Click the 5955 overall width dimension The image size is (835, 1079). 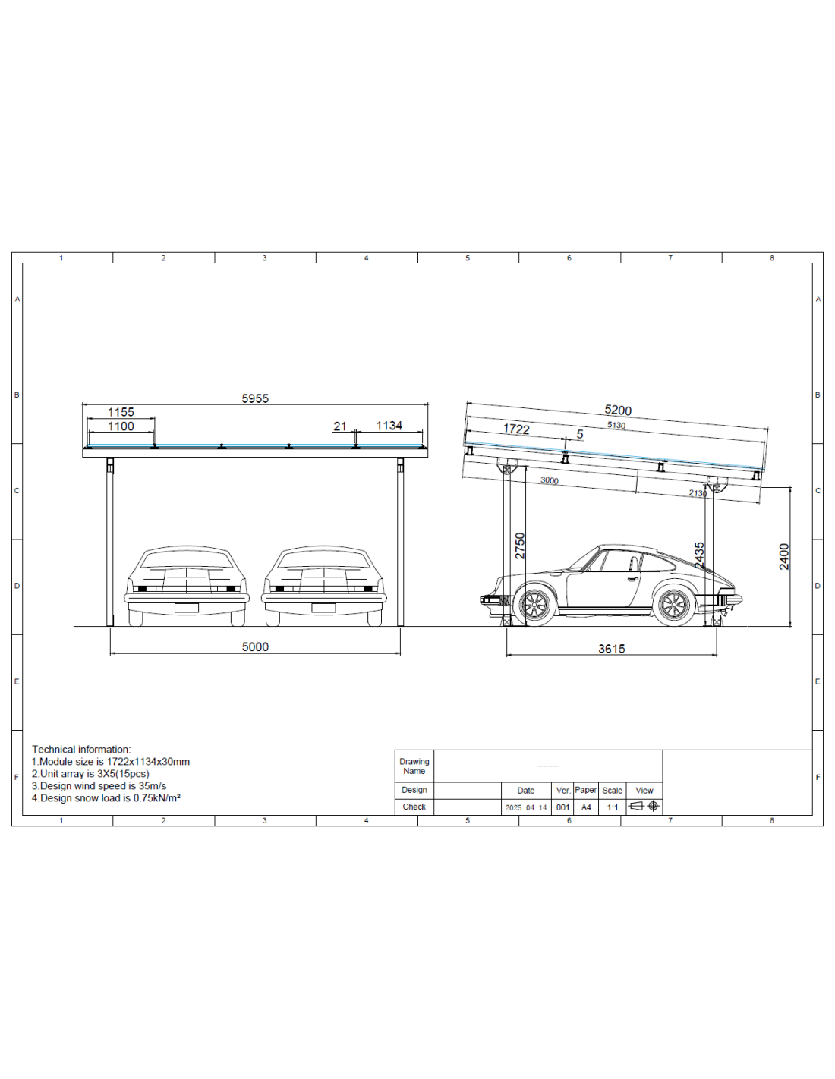[255, 398]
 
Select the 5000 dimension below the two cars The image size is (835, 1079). [255, 646]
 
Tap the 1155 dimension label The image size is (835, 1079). [121, 412]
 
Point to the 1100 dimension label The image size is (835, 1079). [121, 426]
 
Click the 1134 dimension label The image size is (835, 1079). [389, 426]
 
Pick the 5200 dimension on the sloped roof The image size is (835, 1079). [618, 411]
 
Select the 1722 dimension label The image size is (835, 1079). [516, 429]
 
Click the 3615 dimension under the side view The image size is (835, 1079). [611, 649]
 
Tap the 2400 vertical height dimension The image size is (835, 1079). [784, 556]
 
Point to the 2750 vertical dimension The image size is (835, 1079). [520, 546]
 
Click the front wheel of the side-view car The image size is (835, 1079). [534, 605]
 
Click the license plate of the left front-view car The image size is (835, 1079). [187, 607]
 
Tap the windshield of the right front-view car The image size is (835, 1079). [324, 560]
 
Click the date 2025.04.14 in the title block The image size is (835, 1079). [526, 807]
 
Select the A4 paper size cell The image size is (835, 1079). [586, 807]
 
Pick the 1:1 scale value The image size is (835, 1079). [612, 807]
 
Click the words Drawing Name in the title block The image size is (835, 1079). [414, 766]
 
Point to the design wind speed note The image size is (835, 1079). [99, 786]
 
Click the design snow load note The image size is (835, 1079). [106, 798]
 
